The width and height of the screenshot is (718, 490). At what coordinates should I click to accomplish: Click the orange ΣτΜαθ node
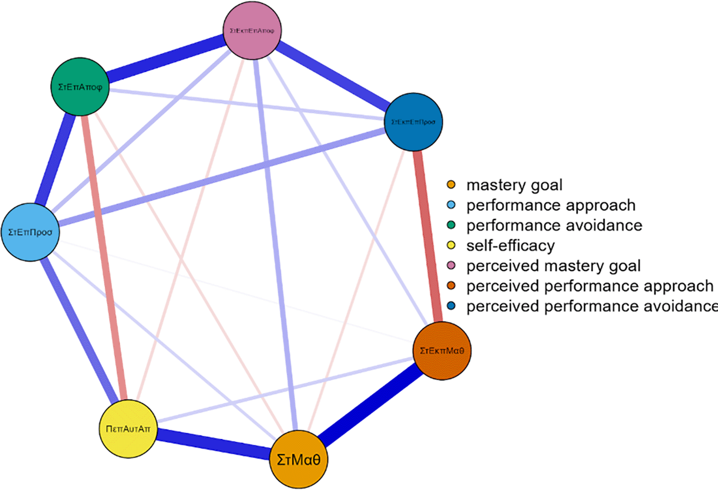pos(298,459)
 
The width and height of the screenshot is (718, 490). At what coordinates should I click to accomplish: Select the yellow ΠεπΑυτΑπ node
pos(128,429)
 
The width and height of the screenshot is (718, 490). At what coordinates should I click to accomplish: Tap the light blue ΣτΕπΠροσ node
pos(30,232)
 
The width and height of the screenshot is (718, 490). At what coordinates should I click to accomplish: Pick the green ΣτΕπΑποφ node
pos(80,87)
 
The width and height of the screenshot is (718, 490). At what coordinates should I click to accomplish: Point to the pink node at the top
pos(252,30)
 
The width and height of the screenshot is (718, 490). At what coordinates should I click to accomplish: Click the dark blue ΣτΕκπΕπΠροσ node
pos(414,122)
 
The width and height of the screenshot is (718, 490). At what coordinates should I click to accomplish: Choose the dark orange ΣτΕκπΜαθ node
pos(442,351)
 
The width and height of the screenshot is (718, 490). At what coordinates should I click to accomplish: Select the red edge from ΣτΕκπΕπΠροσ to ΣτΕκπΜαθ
pos(428,237)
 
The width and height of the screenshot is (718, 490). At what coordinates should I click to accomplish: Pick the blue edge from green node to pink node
pos(165,59)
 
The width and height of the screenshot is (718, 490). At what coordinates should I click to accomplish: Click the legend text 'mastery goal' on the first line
pos(514,185)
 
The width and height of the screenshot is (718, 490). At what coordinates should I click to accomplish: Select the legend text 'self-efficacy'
pos(510,246)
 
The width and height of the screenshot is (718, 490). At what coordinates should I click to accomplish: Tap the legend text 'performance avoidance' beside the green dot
pos(554,225)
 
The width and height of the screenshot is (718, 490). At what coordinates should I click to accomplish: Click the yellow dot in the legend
pos(451,245)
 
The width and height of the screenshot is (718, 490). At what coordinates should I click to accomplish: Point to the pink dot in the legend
pos(451,265)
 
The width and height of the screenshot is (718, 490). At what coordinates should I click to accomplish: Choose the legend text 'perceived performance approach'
pos(590,286)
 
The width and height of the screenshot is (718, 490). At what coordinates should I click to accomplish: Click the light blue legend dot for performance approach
pos(451,205)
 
